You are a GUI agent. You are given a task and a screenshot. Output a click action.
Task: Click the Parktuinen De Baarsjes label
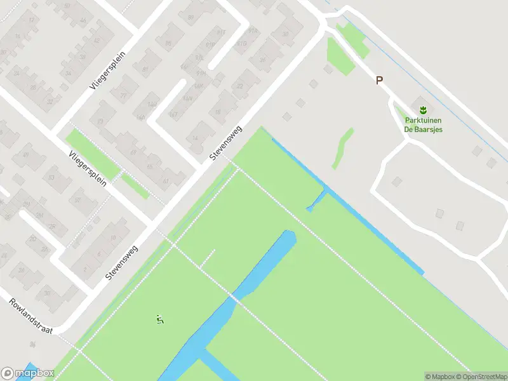point(424,125)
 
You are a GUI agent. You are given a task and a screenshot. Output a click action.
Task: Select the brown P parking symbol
point(380,81)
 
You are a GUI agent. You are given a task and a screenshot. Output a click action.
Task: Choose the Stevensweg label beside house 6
point(122,264)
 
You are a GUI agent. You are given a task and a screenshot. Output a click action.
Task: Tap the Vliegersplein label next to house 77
point(108,70)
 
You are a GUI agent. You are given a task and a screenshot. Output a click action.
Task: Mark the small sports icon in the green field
point(159,319)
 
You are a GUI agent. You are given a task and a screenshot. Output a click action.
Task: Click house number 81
point(145,69)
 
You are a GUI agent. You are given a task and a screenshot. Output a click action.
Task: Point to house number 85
point(168,44)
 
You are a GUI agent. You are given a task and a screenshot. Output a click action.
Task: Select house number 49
point(26,154)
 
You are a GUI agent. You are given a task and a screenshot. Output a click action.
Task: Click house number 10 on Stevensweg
point(113,238)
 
